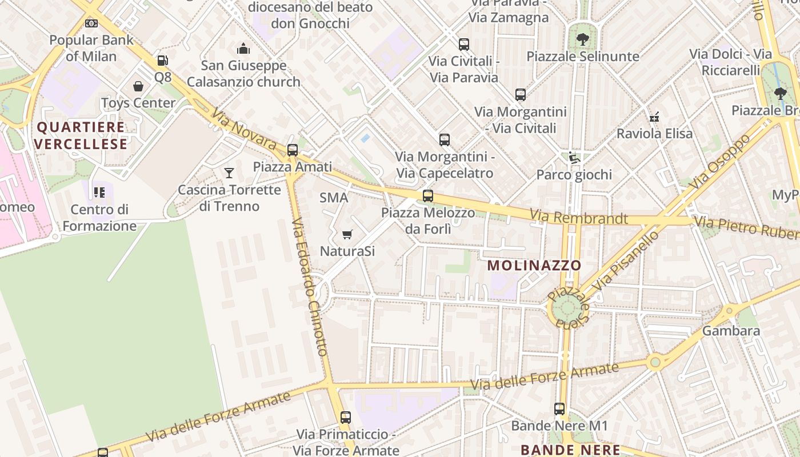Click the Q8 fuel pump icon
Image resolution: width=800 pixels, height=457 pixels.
[x=162, y=60]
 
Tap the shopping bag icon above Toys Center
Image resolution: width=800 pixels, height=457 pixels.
[x=138, y=86]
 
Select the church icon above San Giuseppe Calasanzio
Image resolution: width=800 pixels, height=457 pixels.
[x=243, y=49]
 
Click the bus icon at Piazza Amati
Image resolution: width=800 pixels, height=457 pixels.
[x=293, y=150]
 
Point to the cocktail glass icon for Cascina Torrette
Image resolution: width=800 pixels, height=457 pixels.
[x=229, y=173]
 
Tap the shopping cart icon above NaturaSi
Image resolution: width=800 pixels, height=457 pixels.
[x=347, y=234]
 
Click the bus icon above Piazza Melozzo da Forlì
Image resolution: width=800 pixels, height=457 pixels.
[x=428, y=196]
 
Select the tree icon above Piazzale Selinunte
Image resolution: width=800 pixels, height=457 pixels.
[x=582, y=39]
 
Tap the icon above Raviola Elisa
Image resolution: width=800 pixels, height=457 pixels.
[x=654, y=117]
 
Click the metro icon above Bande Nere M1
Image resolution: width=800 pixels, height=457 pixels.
[x=559, y=409]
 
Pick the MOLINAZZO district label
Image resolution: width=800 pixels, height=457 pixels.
[x=534, y=265]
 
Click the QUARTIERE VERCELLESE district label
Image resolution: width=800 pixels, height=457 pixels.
[x=81, y=135]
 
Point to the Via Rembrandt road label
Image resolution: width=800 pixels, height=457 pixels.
[x=578, y=218]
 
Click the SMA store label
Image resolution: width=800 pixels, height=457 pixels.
[x=334, y=198]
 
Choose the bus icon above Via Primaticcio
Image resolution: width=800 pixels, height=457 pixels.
[x=346, y=418]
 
